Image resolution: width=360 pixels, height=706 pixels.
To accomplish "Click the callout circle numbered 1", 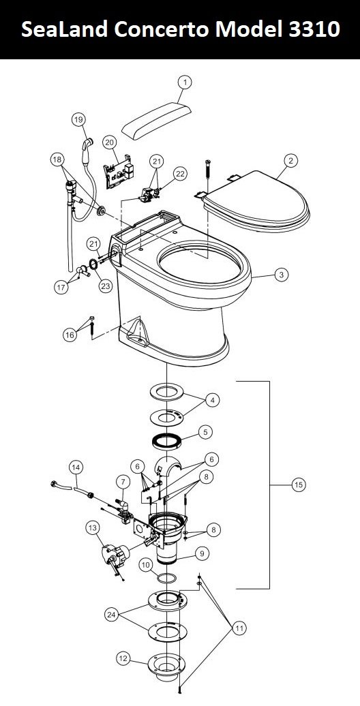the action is point(184,82).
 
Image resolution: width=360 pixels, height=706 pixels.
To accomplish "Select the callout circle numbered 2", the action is point(291,160).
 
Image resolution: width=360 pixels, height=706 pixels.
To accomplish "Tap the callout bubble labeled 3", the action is point(281,274).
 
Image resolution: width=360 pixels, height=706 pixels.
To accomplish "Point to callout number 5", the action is point(205,432).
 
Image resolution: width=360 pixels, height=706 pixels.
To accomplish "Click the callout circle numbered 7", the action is point(122,482).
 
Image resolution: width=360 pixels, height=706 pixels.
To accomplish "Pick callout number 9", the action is point(201,553).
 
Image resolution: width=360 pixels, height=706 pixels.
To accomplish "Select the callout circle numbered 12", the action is point(123,659).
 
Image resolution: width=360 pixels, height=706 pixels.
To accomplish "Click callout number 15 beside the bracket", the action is point(298,485).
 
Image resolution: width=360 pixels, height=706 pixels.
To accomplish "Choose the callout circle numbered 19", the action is point(78,119).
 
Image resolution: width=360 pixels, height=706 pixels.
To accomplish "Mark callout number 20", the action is point(109,142).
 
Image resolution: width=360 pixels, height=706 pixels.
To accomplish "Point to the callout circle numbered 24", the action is point(112,614).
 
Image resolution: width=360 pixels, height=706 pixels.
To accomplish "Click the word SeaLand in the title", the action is point(64,30).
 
